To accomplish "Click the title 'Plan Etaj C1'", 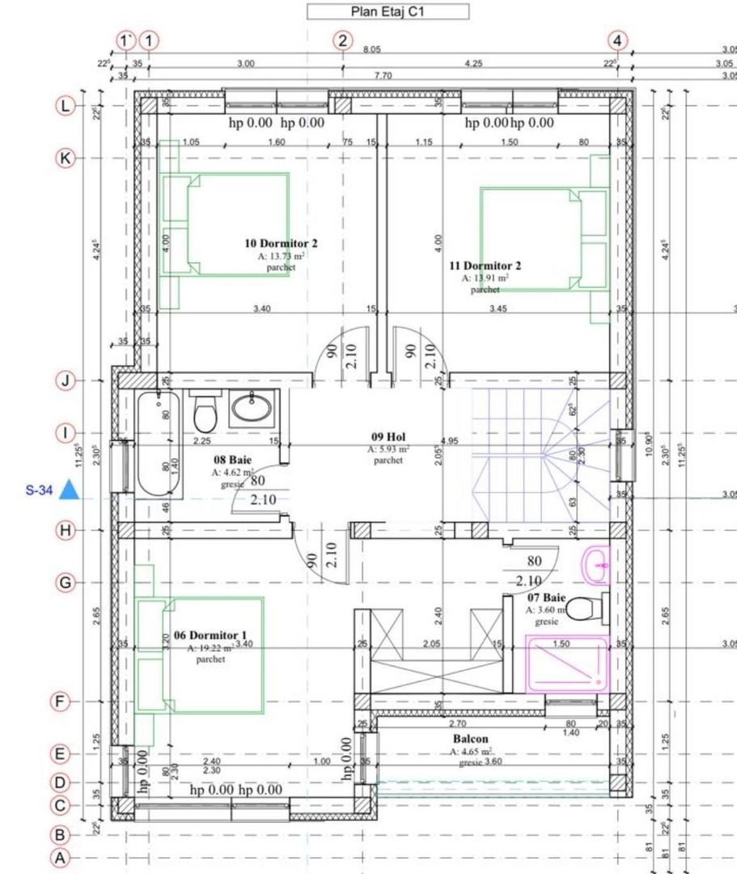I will pyautogui.click(x=388, y=11).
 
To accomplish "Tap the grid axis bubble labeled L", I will pyautogui.click(x=65, y=105).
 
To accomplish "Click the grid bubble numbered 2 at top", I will pyautogui.click(x=344, y=40).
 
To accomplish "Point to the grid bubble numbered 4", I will pyautogui.click(x=617, y=40).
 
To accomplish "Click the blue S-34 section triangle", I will pyautogui.click(x=69, y=490).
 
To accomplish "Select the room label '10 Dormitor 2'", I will pyautogui.click(x=281, y=243).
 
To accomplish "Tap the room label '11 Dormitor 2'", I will pyautogui.click(x=485, y=265).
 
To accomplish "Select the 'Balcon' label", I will pyautogui.click(x=470, y=739).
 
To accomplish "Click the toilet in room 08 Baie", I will pyautogui.click(x=205, y=414).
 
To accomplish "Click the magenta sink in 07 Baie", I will pyautogui.click(x=597, y=563).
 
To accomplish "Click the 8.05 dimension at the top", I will pyautogui.click(x=371, y=50).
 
